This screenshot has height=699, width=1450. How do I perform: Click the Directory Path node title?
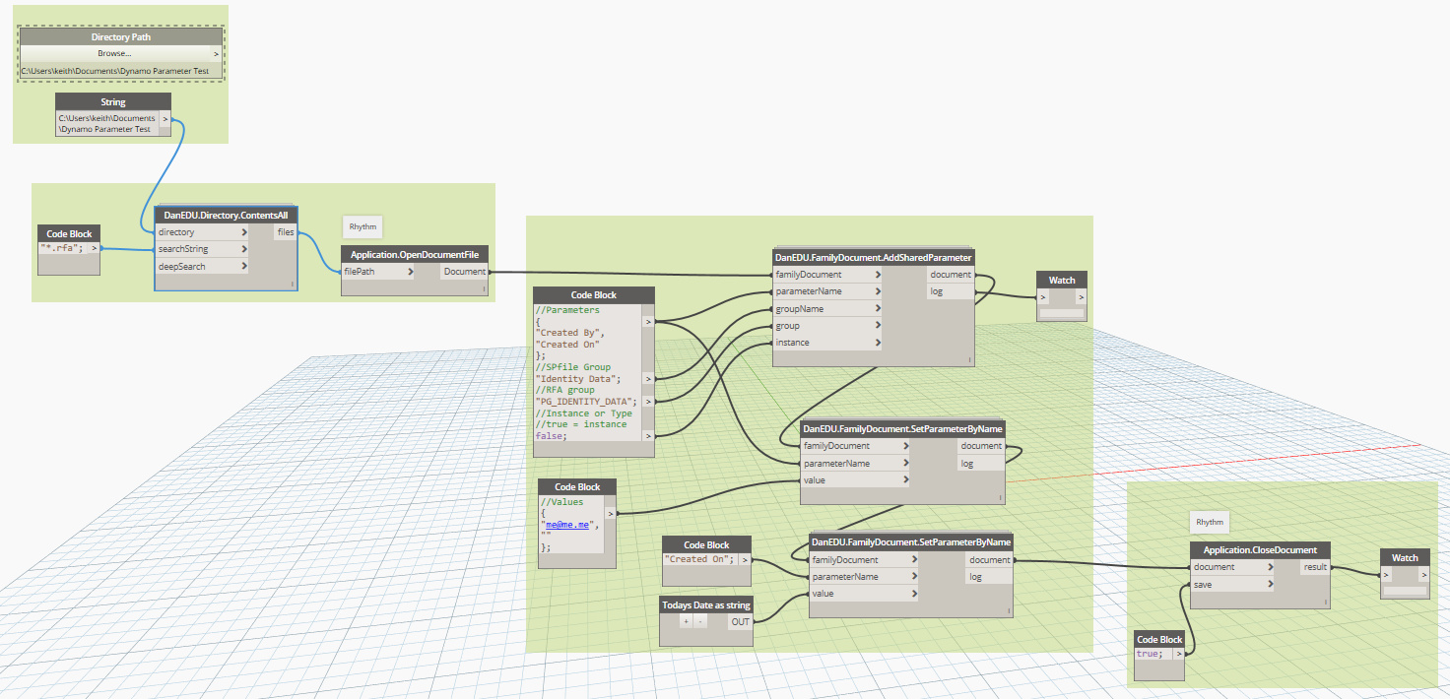pos(120,36)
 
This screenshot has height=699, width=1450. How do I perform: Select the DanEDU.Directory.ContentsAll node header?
pos(226,214)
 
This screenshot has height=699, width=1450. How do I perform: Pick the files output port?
pos(285,232)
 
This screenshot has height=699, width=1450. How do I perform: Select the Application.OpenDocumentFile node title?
pos(415,255)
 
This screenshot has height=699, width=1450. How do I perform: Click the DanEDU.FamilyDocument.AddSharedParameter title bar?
pos(873,258)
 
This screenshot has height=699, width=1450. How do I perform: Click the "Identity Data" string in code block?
pos(578,378)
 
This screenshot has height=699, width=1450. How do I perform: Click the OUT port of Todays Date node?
pos(740,621)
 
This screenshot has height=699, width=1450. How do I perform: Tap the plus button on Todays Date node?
pos(686,621)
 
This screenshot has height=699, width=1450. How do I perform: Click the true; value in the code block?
pos(1149,654)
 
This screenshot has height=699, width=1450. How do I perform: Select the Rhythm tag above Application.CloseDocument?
pos(1209,522)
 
